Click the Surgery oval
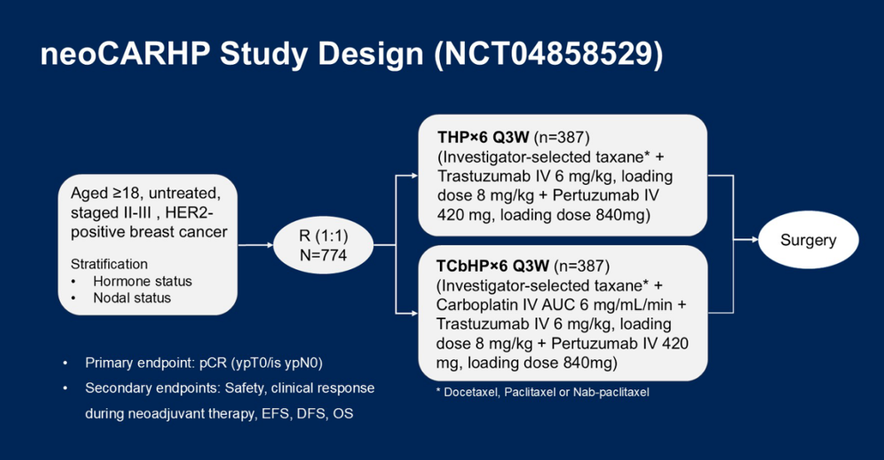coord(808,241)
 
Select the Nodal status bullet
coord(132,297)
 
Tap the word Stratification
coord(109,264)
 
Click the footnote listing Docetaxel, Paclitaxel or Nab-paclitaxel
coord(542,392)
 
